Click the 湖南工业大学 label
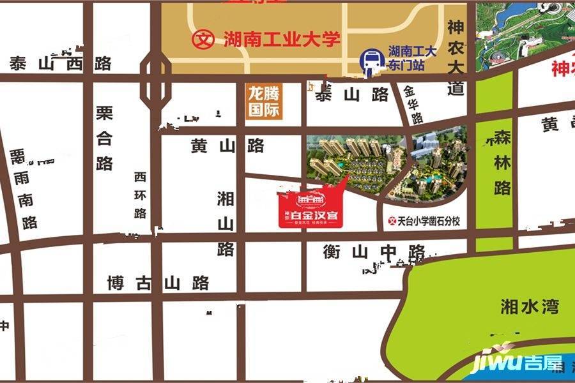click(x=280, y=40)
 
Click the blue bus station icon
click(x=370, y=61)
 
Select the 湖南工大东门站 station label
click(x=412, y=59)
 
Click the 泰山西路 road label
click(x=61, y=64)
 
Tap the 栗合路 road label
click(x=105, y=139)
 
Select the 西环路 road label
click(x=141, y=195)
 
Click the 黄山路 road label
click(x=227, y=146)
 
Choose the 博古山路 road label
click(x=158, y=282)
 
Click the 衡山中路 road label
click(x=374, y=252)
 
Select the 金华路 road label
click(x=413, y=105)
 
